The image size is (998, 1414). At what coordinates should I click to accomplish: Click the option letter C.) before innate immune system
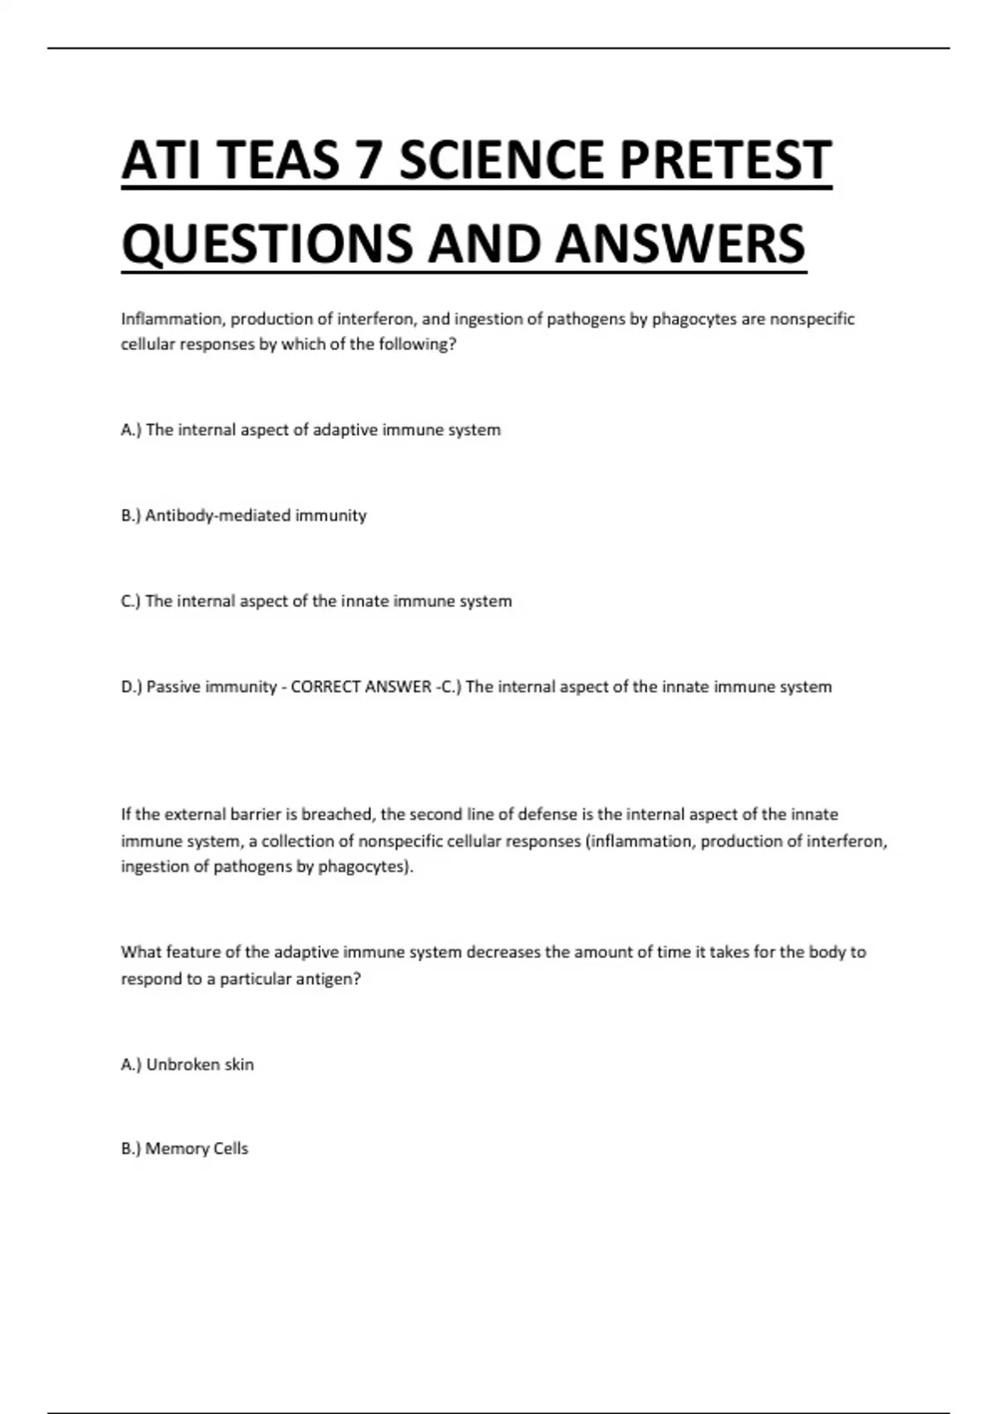pos(131,601)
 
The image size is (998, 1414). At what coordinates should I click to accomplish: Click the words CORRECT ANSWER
pos(361,687)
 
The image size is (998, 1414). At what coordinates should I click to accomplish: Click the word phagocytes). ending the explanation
pos(366,867)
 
